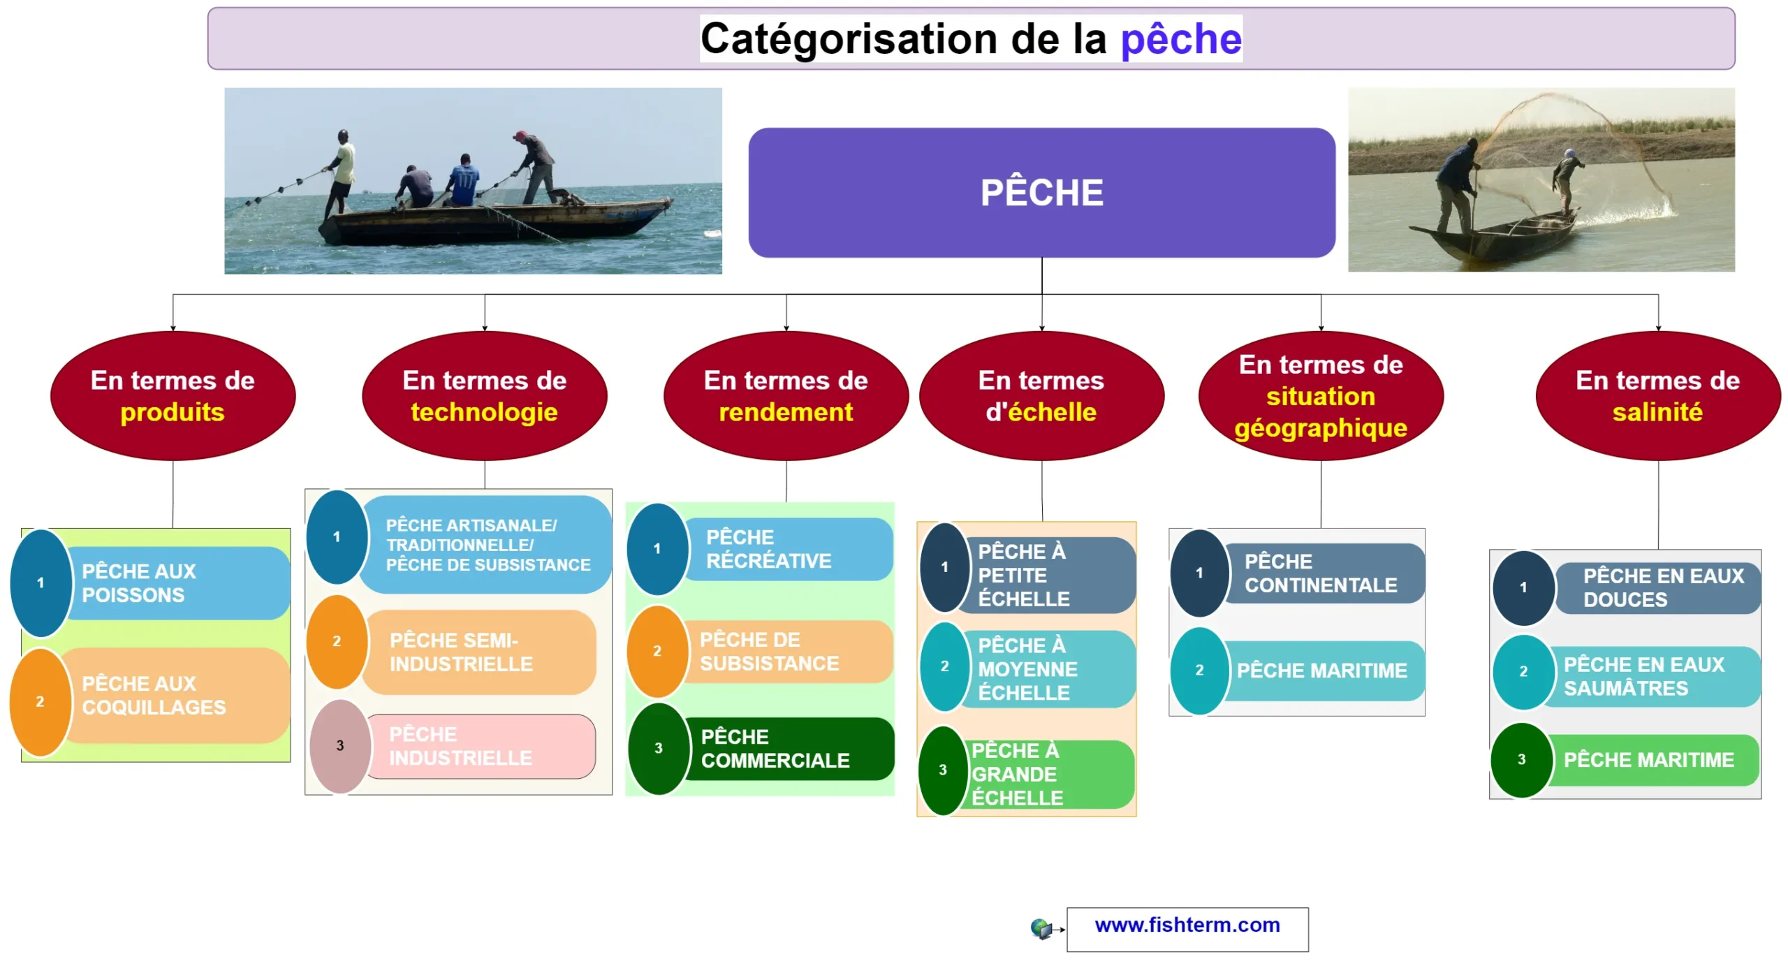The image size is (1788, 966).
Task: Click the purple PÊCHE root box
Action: point(1041,192)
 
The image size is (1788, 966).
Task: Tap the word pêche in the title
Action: point(1181,39)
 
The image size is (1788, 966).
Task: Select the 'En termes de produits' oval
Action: point(173,395)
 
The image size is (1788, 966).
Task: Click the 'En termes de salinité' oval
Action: point(1657,395)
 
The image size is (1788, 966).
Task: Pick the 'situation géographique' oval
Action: point(1321,395)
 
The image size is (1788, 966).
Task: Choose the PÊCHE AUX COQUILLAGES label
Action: point(154,695)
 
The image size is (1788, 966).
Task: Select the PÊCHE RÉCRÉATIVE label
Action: point(768,549)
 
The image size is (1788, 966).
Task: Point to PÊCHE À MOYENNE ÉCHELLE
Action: point(1027,668)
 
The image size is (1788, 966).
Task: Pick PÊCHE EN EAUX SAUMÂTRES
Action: point(1643,676)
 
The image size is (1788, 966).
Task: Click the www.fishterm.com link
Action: point(1187,925)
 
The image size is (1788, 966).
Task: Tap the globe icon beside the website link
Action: point(1041,928)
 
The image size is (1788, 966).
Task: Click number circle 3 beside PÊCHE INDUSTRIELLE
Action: point(340,746)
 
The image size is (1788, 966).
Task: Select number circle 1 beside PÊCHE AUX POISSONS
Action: point(41,583)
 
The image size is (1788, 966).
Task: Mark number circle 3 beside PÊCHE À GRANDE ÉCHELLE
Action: point(943,770)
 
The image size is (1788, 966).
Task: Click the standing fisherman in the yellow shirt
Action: point(341,173)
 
